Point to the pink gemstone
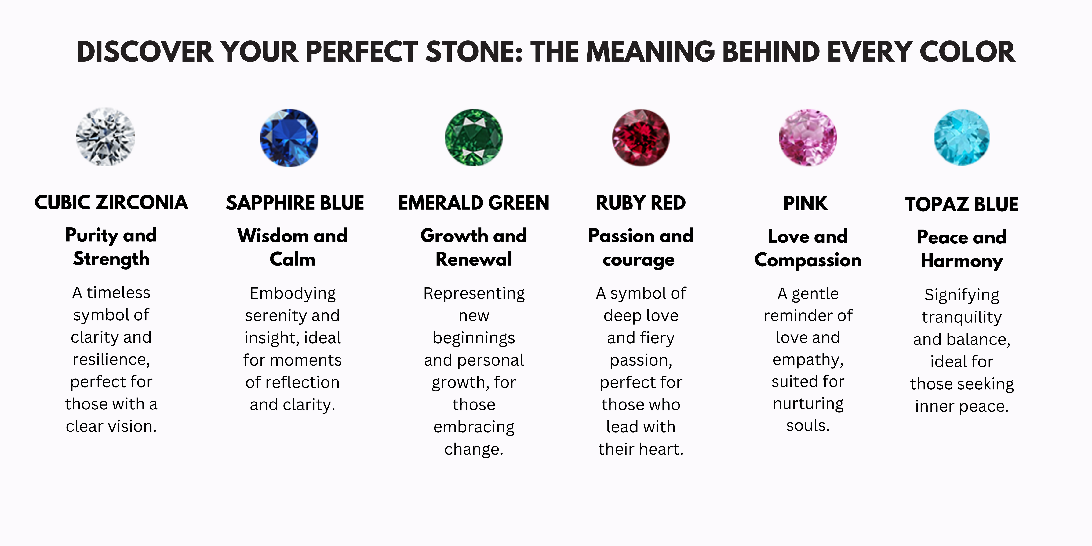[x=808, y=137]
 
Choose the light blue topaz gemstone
[x=962, y=137]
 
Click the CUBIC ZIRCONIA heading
[x=111, y=203]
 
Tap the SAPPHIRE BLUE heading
[x=295, y=203]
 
